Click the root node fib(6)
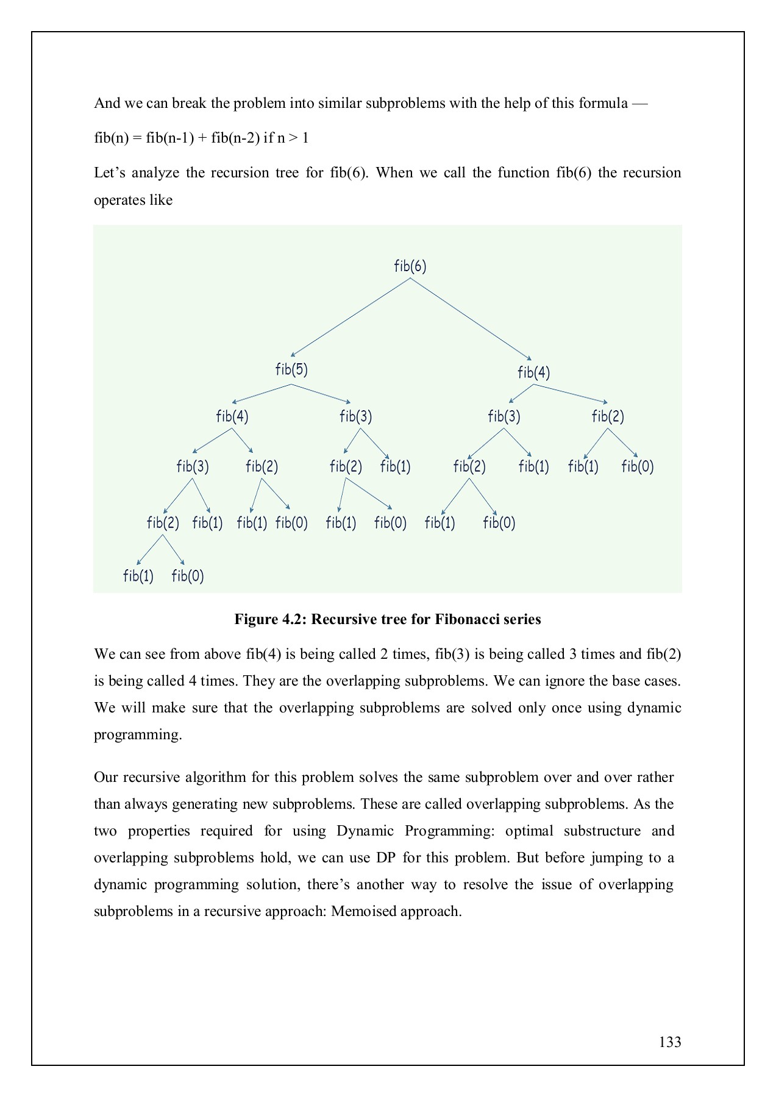(410, 266)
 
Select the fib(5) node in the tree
(291, 369)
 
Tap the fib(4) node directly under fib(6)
(533, 372)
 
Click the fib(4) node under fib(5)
(232, 417)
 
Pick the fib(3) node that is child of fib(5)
(355, 417)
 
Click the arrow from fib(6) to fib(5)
(351, 317)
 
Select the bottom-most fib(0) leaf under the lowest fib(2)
(188, 577)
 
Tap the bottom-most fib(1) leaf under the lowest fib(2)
(138, 577)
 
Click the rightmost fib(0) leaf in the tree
(637, 467)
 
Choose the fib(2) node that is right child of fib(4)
(608, 417)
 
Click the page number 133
(669, 1042)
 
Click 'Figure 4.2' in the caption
(271, 620)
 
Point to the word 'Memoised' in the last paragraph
(360, 912)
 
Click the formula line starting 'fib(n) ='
(201, 138)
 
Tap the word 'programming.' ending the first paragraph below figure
(138, 735)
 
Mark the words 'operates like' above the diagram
(133, 201)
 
